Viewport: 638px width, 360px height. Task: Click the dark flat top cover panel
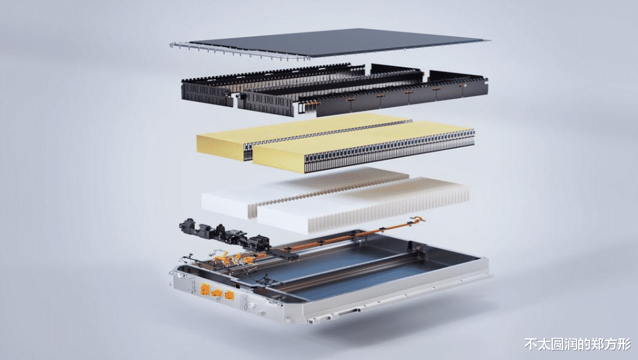click(x=338, y=42)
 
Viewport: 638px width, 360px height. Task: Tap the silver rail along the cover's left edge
click(x=240, y=51)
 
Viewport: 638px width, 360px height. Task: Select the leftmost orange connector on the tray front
click(x=204, y=290)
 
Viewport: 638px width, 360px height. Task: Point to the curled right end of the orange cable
click(x=418, y=220)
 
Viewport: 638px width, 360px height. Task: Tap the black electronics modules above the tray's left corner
click(x=224, y=235)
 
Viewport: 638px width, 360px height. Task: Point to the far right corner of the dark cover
click(x=488, y=40)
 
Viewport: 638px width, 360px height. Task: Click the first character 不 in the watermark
click(x=531, y=344)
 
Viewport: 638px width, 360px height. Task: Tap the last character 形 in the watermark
click(x=625, y=344)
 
